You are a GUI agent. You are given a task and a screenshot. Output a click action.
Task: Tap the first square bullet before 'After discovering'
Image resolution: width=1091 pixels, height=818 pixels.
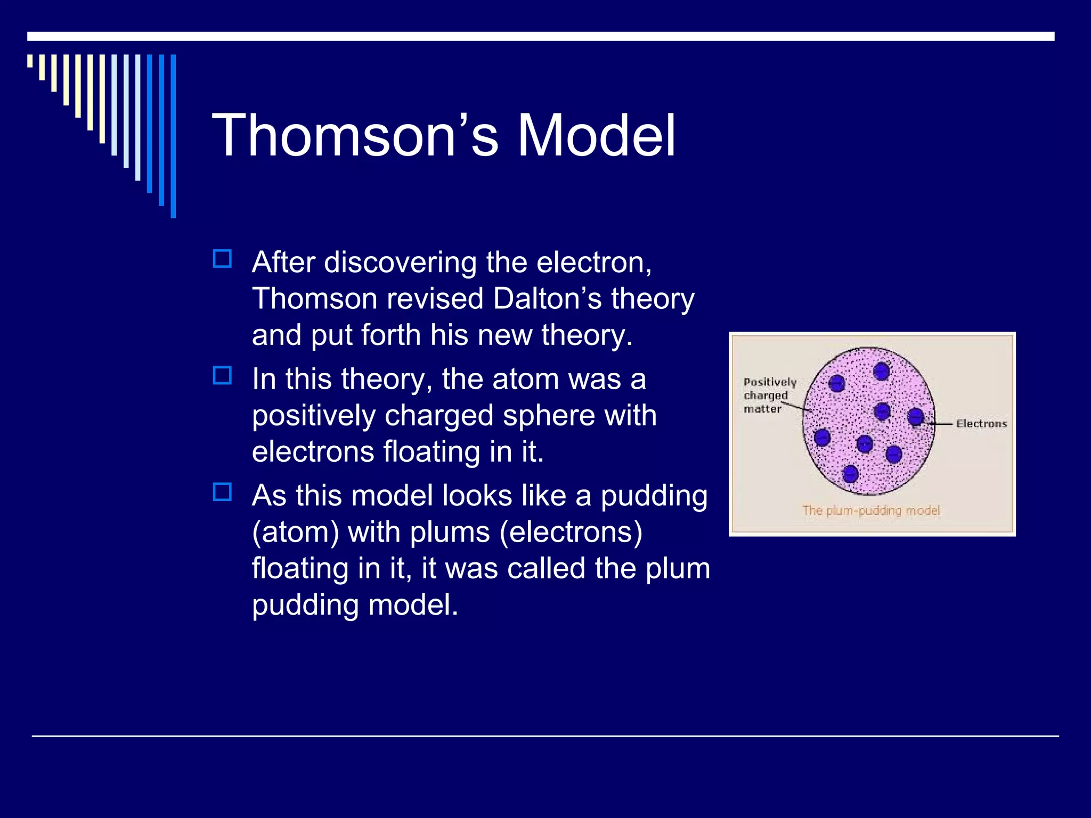(x=222, y=259)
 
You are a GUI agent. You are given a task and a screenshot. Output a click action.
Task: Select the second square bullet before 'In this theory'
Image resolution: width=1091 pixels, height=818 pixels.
(x=222, y=375)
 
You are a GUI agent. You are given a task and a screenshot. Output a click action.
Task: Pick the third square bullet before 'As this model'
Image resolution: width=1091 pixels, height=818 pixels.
(x=222, y=492)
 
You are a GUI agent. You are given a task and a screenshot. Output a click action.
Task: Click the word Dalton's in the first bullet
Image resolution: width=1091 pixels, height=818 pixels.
(x=548, y=299)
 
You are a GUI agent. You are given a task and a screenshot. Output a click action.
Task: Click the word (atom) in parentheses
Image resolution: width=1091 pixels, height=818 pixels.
(x=295, y=532)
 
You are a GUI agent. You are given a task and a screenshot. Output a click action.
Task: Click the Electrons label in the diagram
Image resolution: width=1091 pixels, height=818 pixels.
(x=981, y=424)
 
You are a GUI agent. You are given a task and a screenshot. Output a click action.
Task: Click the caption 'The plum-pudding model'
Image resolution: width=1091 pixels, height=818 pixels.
(x=871, y=510)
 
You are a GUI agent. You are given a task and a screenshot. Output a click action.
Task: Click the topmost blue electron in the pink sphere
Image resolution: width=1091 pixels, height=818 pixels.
(x=882, y=371)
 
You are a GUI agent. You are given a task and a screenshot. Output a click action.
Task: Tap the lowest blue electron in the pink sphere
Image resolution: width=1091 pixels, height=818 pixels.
(x=850, y=473)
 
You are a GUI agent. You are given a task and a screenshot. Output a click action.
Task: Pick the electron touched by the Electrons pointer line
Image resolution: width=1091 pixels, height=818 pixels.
(x=916, y=417)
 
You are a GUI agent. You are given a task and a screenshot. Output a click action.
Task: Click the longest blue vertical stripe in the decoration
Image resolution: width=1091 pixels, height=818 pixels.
(x=173, y=136)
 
